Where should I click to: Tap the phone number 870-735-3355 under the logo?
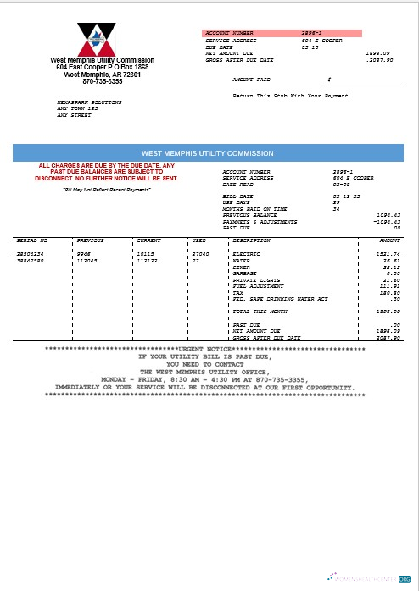tap(102, 81)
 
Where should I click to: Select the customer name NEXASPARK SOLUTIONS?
tap(89, 102)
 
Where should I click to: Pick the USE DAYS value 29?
tap(337, 202)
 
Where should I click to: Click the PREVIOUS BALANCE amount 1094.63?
tap(388, 215)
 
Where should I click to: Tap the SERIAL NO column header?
tap(32, 240)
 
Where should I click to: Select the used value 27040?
tap(200, 253)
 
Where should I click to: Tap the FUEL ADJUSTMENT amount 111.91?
tap(390, 286)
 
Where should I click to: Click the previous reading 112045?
tap(87, 260)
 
